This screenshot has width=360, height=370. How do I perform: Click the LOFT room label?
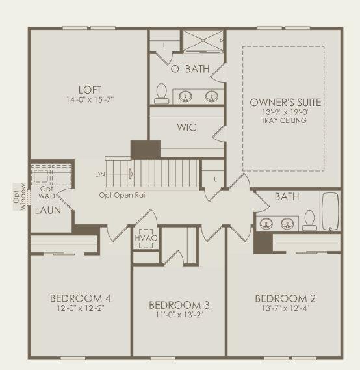click(x=89, y=90)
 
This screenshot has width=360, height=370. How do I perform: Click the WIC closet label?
click(x=186, y=127)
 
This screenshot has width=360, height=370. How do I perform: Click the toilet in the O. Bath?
click(x=162, y=94)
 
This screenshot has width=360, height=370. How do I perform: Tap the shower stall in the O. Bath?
click(x=203, y=41)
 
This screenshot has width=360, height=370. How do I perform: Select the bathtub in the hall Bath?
click(x=331, y=211)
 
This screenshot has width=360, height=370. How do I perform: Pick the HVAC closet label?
click(x=145, y=238)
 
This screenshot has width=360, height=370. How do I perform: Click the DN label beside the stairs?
click(x=100, y=174)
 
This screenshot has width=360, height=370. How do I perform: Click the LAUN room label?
click(x=47, y=210)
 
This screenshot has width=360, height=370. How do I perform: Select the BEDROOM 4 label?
click(x=80, y=298)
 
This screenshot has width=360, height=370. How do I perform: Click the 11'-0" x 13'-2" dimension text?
click(x=179, y=315)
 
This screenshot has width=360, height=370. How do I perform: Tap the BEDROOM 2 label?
click(x=285, y=298)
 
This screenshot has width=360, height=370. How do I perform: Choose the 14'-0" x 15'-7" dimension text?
click(x=89, y=100)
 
